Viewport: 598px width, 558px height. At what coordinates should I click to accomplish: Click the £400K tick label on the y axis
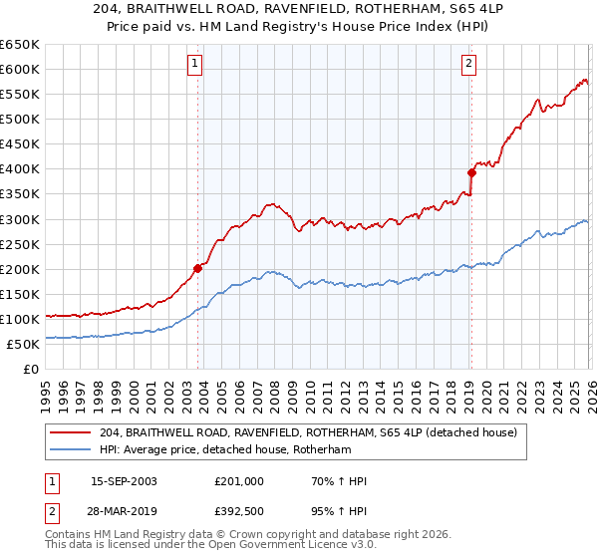[19, 169]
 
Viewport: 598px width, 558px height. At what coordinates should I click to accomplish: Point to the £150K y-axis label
[19, 294]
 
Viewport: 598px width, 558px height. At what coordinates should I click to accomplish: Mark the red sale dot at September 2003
[198, 268]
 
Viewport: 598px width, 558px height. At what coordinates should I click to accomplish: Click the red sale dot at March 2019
[470, 172]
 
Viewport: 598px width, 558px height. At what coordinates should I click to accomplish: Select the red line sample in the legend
[72, 433]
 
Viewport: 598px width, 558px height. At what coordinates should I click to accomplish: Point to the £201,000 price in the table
[239, 482]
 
